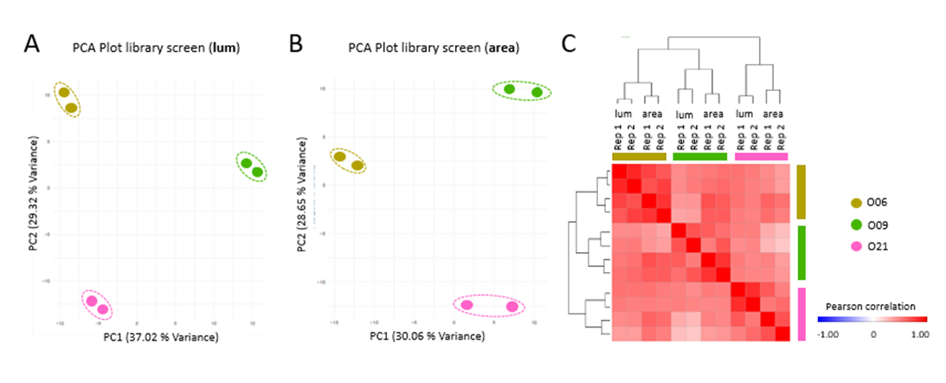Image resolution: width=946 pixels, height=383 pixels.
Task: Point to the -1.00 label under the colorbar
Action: [x=830, y=333]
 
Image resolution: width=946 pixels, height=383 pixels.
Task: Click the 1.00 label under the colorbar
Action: [x=918, y=333]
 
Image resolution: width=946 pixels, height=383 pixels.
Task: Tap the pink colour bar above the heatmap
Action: [x=761, y=156]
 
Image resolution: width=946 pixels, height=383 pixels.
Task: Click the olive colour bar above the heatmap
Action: [x=640, y=156]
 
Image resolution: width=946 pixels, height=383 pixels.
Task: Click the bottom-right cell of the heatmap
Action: [x=782, y=334]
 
